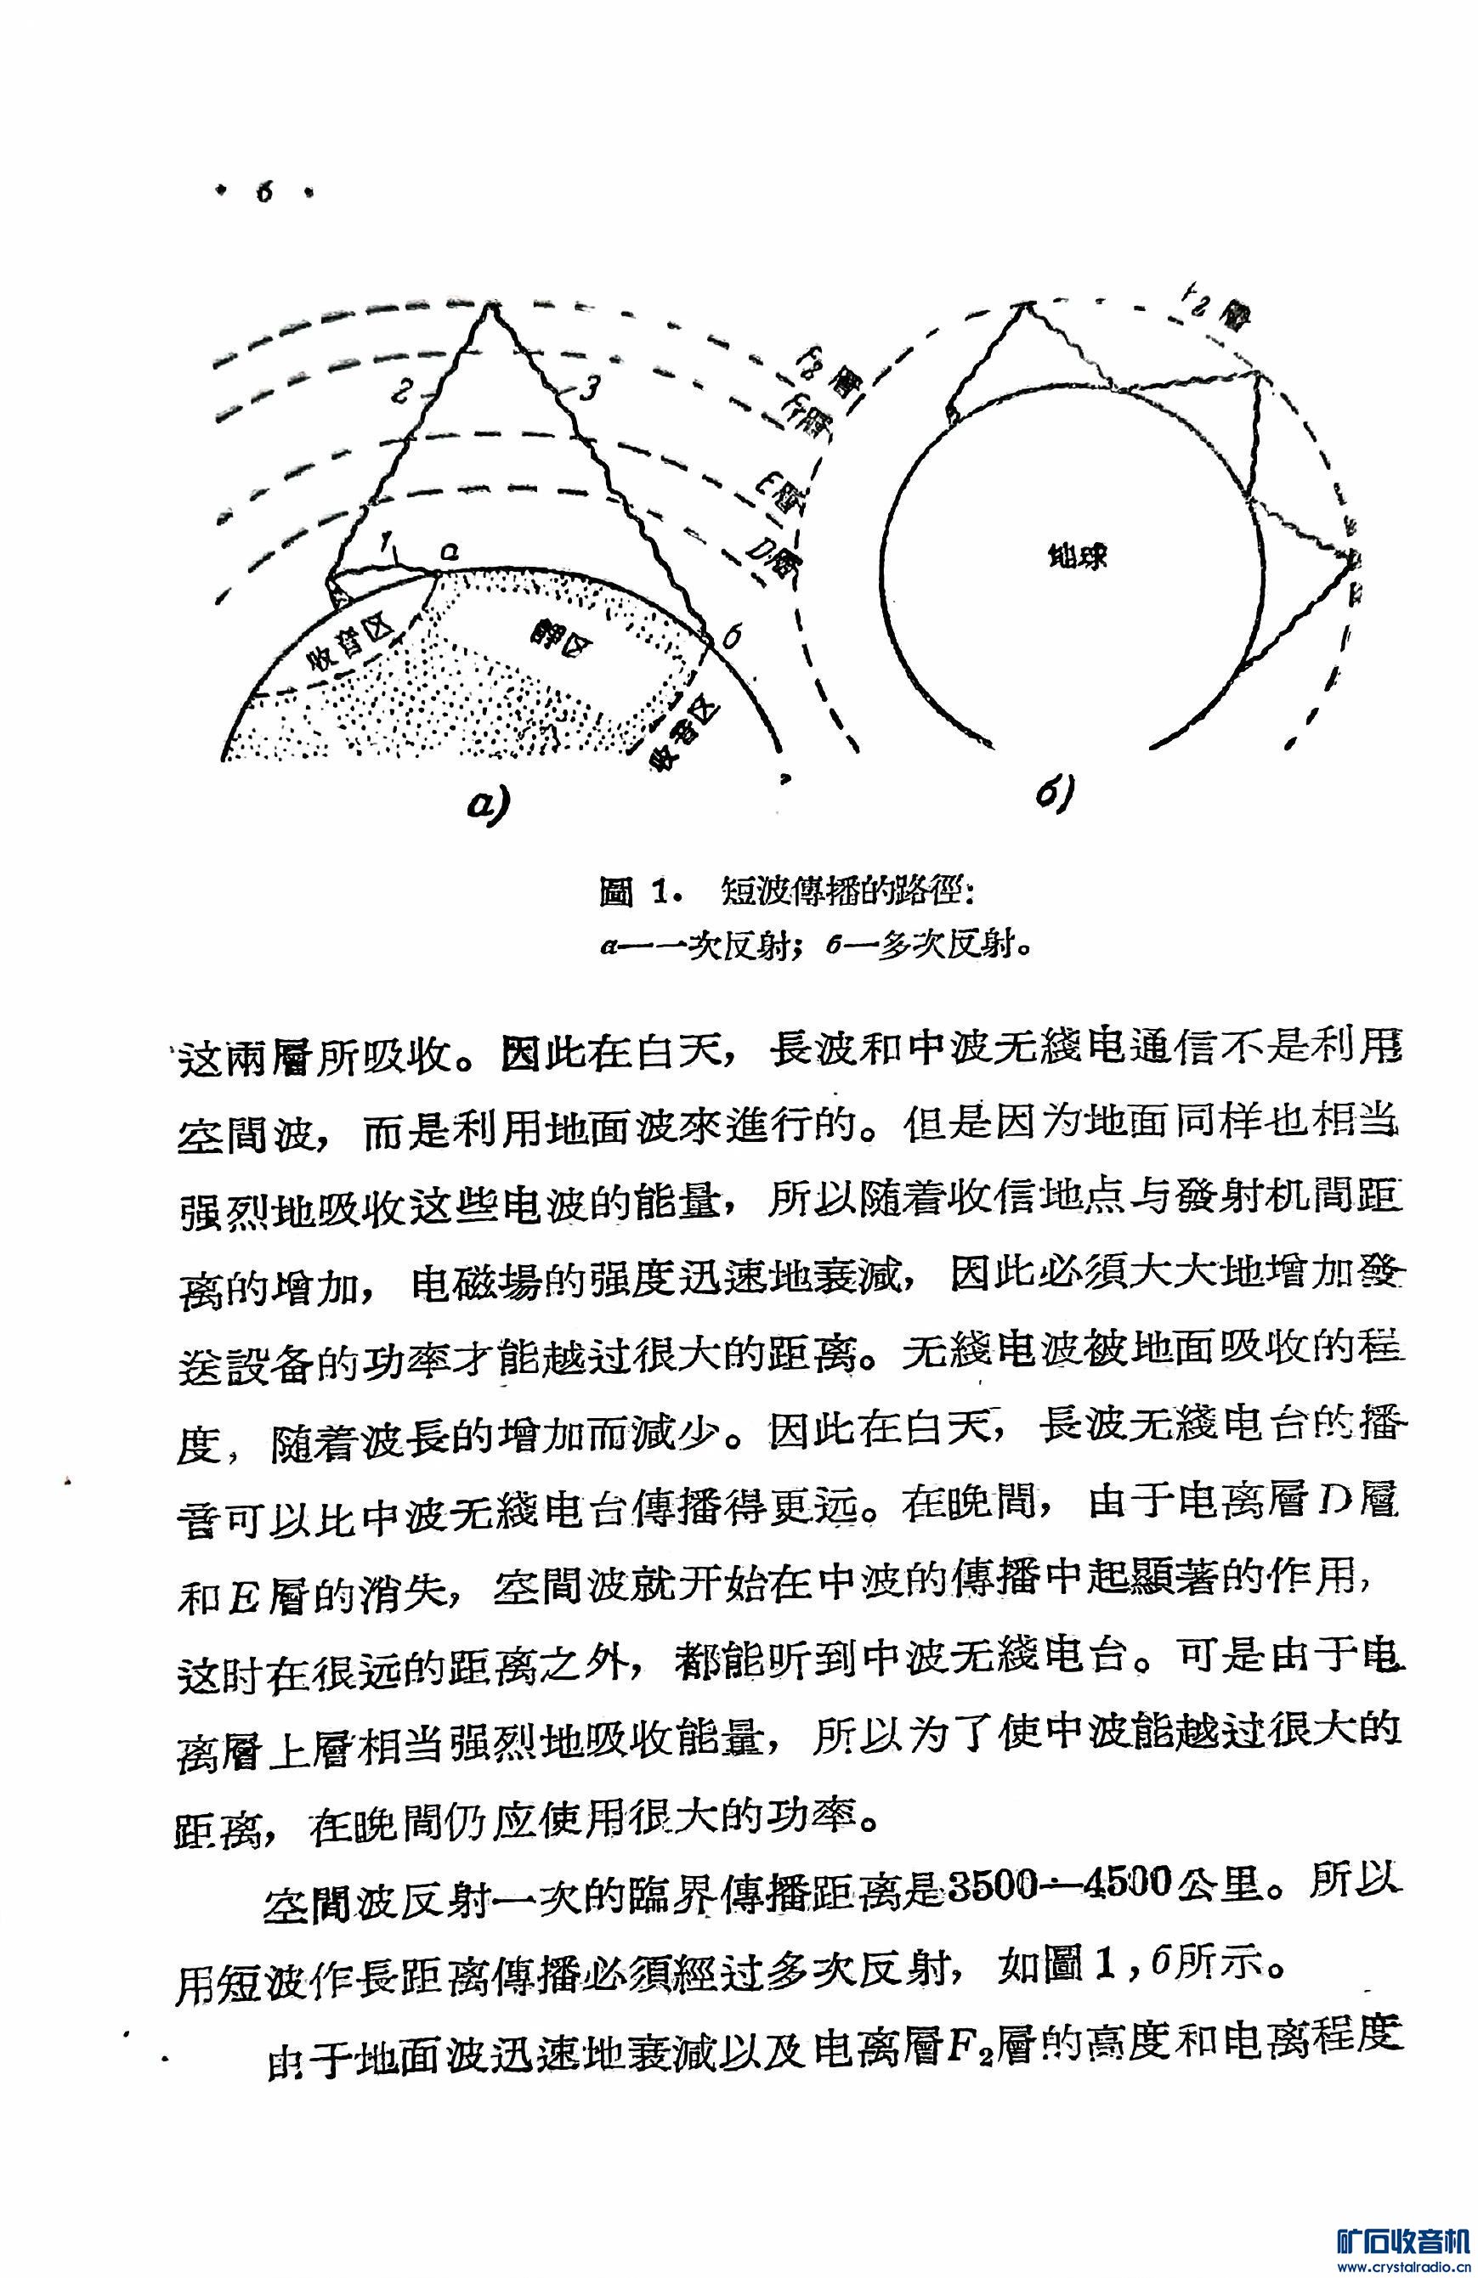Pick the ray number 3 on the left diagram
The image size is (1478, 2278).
point(591,387)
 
